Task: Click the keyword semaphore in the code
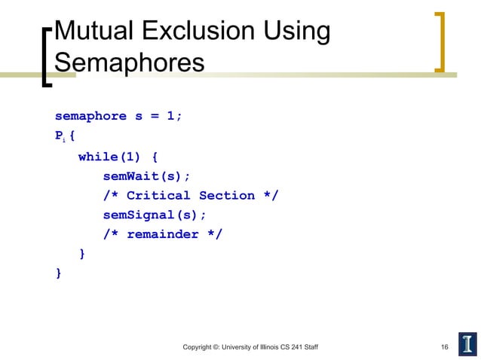point(90,117)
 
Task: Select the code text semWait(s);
point(147,176)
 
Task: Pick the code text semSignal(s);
point(155,215)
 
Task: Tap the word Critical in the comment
point(158,196)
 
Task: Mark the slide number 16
point(445,346)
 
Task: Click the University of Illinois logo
point(467,344)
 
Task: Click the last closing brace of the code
point(59,273)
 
